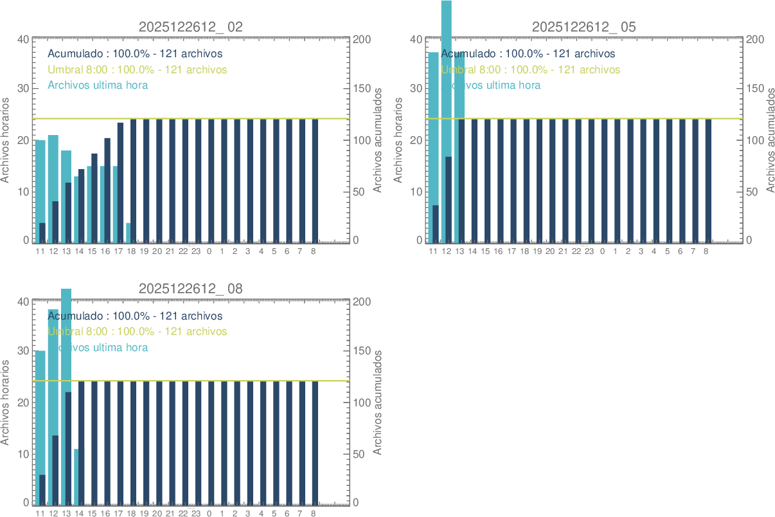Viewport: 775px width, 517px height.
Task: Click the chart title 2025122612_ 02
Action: click(x=191, y=27)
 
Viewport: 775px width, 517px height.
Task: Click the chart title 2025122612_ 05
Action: click(x=584, y=27)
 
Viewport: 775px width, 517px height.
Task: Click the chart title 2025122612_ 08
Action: click(x=191, y=289)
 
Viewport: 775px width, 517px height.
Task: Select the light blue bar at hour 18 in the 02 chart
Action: click(x=129, y=232)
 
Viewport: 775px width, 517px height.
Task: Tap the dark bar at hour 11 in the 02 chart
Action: click(x=42, y=232)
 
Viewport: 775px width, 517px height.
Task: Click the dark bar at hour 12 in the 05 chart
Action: click(x=449, y=199)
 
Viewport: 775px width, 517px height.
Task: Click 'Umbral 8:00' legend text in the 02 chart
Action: click(x=137, y=69)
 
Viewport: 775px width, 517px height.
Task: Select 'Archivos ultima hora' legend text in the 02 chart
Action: click(x=98, y=85)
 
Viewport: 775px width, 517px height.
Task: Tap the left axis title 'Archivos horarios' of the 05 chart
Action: click(x=398, y=140)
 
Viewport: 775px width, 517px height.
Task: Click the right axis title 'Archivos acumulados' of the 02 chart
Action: click(x=378, y=140)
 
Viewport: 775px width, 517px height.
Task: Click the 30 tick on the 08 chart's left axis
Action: click(x=23, y=351)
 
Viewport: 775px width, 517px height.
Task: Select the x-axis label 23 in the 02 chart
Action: click(x=196, y=251)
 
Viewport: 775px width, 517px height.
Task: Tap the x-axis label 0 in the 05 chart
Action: click(x=602, y=251)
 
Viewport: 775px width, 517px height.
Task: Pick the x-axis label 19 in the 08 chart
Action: click(x=144, y=513)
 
